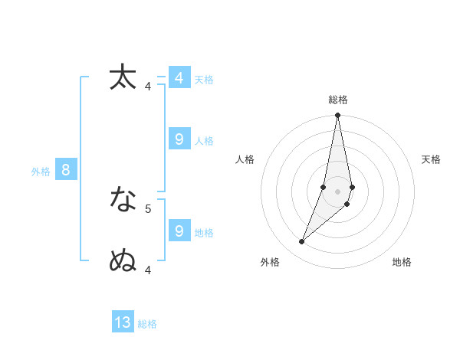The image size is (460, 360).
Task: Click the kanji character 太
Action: pos(123,77)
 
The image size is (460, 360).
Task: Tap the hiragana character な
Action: pos(123,200)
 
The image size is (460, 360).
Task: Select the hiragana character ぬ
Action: pos(123,261)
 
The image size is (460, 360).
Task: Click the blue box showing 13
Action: pos(123,322)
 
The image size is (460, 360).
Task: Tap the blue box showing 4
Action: pos(179,78)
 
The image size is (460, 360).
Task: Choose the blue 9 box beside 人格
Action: pos(179,139)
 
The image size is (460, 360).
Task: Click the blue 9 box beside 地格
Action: pos(179,231)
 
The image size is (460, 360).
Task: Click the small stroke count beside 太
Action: pos(148,86)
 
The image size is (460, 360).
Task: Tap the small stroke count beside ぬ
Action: pos(148,270)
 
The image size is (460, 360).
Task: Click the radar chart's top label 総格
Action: pos(338,100)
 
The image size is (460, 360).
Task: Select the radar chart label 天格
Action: pos(432,159)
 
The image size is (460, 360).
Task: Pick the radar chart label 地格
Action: pos(402,262)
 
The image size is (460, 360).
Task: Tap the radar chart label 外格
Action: pos(270,262)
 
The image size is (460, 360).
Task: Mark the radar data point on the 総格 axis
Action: pos(338,116)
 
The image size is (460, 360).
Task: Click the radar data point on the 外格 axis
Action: pos(302,242)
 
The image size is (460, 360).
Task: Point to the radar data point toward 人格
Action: pos(324,187)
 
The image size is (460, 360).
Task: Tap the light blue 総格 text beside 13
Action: pos(147,324)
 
